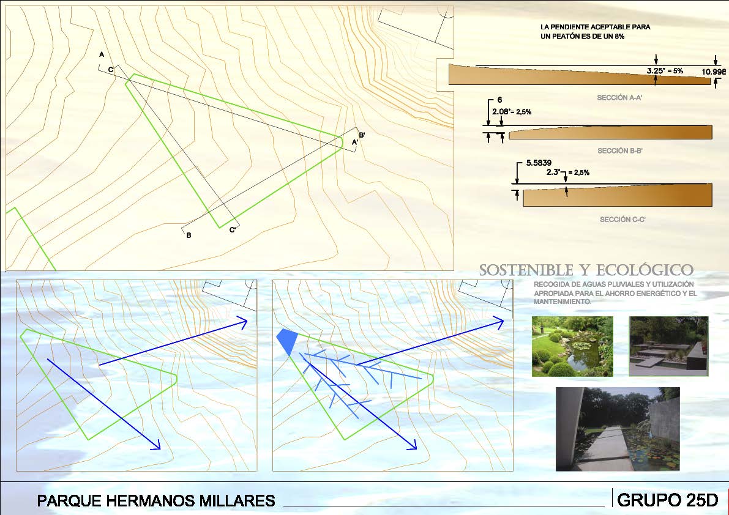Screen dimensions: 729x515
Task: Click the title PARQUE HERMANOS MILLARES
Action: (x=155, y=500)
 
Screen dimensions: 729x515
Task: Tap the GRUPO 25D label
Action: (x=668, y=500)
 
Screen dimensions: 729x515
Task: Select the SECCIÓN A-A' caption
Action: (x=620, y=98)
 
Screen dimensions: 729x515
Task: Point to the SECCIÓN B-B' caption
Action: (x=620, y=151)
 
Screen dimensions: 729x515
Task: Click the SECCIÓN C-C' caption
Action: (x=622, y=220)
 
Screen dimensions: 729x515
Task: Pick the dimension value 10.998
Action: (x=714, y=72)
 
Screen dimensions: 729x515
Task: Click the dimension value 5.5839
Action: (x=539, y=163)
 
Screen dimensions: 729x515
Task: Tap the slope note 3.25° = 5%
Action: (x=665, y=71)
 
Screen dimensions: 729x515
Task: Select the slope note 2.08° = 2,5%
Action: (x=512, y=112)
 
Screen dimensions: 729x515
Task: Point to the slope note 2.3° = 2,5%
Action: (x=567, y=172)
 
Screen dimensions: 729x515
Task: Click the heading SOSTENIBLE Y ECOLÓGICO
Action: (x=586, y=270)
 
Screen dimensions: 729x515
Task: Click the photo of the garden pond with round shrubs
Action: (x=572, y=346)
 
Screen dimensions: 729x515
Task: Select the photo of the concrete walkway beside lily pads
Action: (x=618, y=429)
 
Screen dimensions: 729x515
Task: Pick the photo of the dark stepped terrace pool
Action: (x=668, y=346)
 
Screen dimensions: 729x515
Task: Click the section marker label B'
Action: (x=362, y=135)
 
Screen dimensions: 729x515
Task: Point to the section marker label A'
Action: (x=355, y=143)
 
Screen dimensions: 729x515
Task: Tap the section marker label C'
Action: (x=233, y=230)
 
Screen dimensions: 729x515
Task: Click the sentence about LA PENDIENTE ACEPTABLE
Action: (x=595, y=32)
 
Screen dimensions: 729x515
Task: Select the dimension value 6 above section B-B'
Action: (x=500, y=100)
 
